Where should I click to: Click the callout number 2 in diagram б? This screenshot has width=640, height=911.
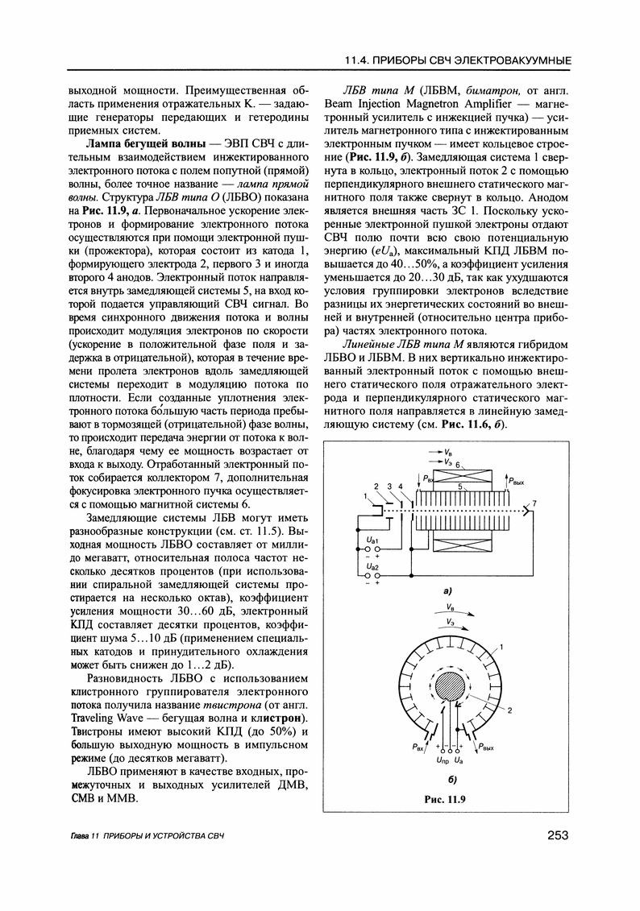click(x=510, y=710)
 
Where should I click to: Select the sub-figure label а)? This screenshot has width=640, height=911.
click(x=447, y=592)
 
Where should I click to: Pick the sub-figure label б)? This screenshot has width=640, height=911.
click(x=451, y=779)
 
